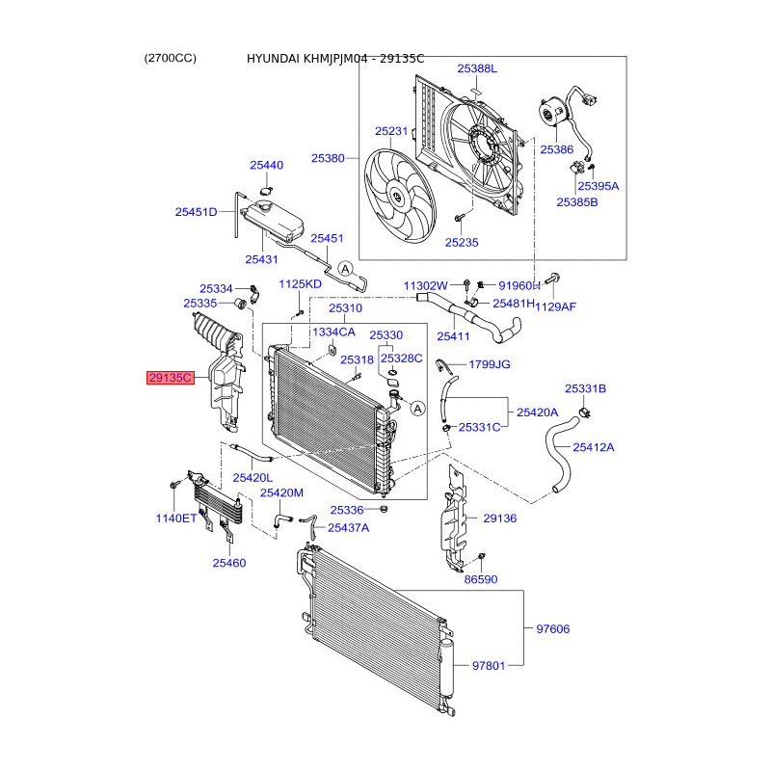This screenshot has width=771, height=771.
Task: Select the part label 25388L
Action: (x=477, y=68)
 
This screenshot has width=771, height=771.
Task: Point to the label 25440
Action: (x=267, y=165)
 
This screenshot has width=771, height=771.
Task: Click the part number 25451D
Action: (x=197, y=212)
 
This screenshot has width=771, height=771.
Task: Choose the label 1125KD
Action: (x=300, y=284)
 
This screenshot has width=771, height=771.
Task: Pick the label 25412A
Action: (x=594, y=447)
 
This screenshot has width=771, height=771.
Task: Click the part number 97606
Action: (x=553, y=629)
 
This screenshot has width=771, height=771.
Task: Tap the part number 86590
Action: (x=481, y=580)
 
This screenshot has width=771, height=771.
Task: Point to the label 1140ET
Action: (x=176, y=518)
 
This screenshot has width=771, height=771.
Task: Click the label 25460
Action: (x=229, y=562)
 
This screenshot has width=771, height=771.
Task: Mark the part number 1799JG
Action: (x=489, y=365)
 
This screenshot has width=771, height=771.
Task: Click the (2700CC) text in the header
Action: (x=170, y=58)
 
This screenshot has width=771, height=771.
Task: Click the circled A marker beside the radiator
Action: (x=417, y=409)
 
